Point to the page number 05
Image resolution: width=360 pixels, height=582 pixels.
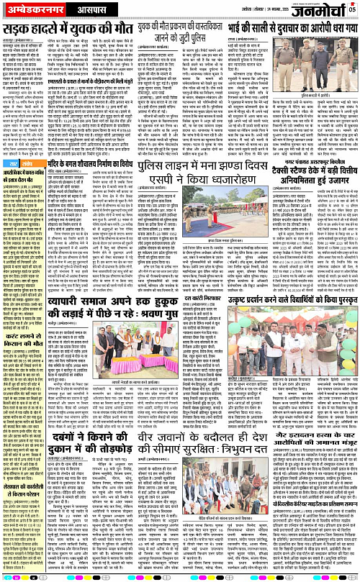(354, 9)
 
